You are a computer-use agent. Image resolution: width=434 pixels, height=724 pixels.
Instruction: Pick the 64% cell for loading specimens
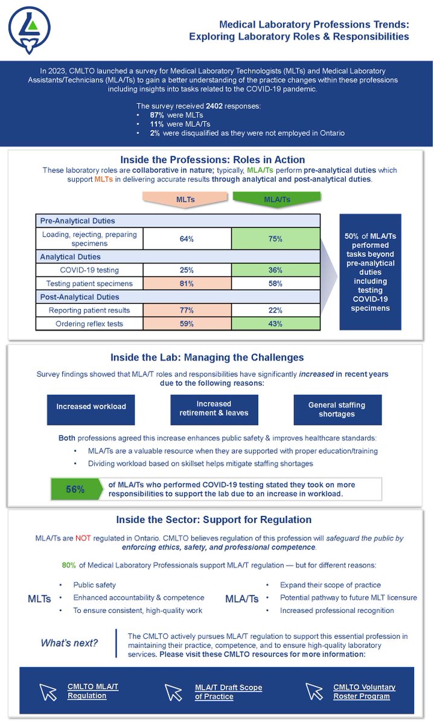[187, 239]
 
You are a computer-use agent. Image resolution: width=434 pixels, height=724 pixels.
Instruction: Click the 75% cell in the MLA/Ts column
[275, 239]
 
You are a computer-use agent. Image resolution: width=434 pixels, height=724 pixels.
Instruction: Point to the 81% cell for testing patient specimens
[187, 283]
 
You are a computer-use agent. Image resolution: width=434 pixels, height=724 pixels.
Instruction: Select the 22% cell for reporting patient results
[275, 310]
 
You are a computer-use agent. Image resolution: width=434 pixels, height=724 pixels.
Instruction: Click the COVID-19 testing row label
[89, 270]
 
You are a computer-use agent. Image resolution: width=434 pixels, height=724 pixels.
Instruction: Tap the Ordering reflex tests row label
[89, 324]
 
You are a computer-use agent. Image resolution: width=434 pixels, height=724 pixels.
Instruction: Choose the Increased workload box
[91, 407]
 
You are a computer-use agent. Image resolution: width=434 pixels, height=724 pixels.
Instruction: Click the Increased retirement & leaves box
[214, 408]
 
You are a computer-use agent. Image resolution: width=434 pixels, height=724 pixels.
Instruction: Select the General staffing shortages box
[337, 409]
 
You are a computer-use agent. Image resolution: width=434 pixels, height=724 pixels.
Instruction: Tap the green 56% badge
[75, 489]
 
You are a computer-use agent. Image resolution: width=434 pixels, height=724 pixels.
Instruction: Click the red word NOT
[83, 538]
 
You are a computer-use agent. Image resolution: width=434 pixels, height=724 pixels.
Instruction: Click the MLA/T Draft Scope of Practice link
[228, 692]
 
